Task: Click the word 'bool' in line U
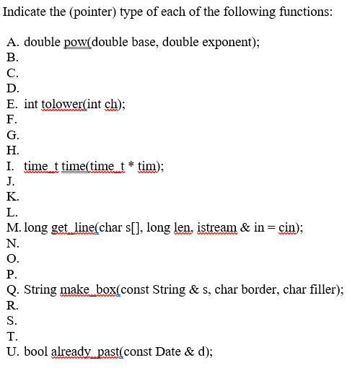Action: coord(38,352)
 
